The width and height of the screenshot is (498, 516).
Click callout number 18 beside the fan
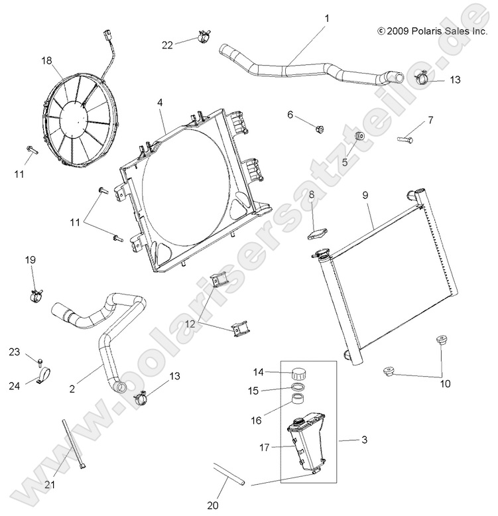coord(46,60)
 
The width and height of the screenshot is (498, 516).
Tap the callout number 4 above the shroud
coord(160,103)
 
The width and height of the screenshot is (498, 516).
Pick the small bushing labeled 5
coord(361,136)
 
